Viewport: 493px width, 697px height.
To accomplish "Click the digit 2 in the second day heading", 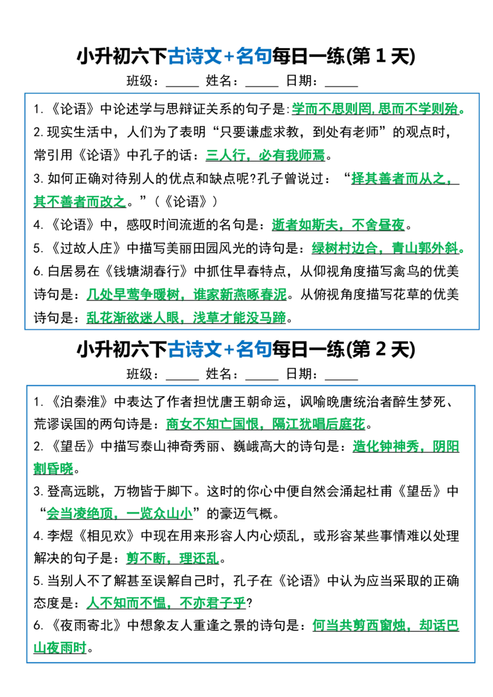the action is point(380,349).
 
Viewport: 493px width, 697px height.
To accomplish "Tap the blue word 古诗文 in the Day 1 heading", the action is point(195,57).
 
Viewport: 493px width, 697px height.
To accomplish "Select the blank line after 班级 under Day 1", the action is point(182,85).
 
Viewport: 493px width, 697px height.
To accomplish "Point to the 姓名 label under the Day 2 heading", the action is point(219,374).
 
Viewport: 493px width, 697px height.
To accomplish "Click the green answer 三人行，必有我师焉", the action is point(265,155).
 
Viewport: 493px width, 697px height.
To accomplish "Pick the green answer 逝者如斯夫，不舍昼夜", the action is point(338,225).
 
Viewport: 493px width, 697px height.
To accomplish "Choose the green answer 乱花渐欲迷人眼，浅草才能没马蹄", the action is point(186,318).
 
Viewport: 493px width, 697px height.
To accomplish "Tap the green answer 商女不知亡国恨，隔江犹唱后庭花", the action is point(266,424).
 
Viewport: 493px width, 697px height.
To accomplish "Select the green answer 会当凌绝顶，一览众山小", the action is point(120,513).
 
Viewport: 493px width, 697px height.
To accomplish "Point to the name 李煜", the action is point(60,535).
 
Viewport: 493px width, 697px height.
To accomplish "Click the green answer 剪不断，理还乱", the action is point(173,558).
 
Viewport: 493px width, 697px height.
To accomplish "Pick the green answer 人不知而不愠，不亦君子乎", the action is point(166,603).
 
